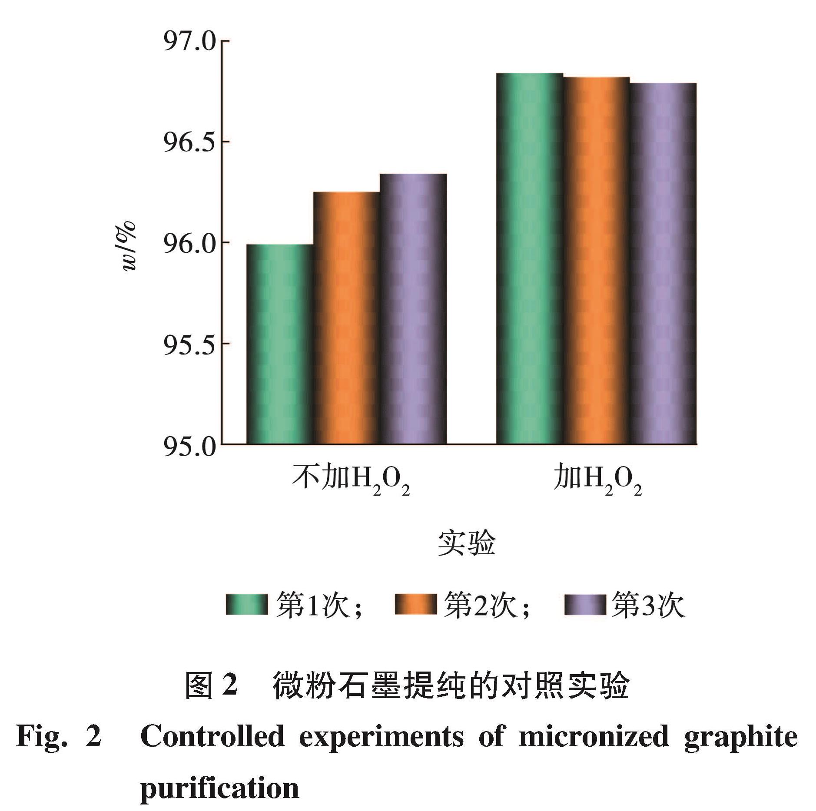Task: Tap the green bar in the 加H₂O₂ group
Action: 530,258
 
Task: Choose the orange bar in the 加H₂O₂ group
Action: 597,261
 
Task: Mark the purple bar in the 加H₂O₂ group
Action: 663,263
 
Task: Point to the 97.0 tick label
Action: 189,42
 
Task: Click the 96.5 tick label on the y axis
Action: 189,142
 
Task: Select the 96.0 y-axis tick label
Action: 189,243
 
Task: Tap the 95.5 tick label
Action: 189,344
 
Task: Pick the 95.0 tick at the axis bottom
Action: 189,445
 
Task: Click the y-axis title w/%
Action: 129,246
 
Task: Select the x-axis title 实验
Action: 466,543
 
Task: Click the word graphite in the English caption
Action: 741,737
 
